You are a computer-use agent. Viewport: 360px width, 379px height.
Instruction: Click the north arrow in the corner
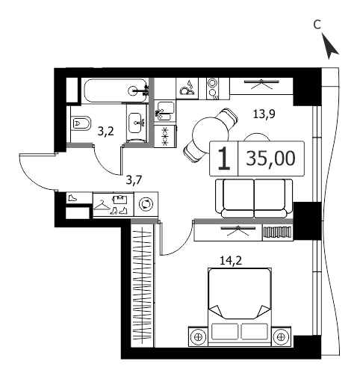coord(330,47)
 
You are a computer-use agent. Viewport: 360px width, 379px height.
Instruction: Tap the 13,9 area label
coord(264,114)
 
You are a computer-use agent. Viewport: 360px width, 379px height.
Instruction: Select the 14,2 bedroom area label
coord(231,261)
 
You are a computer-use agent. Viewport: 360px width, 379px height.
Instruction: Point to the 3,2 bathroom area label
coord(105,132)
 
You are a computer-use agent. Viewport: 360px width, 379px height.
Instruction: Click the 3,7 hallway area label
coord(134,180)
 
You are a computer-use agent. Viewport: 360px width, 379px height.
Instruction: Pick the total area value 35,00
coord(270,158)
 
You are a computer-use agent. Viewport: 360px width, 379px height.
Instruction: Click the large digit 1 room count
coord(224,158)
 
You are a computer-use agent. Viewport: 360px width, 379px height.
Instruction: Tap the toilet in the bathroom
coord(81,123)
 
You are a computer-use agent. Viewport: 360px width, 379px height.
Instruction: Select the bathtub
coord(115,90)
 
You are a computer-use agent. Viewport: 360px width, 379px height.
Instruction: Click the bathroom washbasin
coord(137,123)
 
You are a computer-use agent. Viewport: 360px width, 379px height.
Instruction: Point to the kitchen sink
coord(164,111)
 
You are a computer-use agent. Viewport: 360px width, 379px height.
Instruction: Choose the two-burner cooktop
coord(212,88)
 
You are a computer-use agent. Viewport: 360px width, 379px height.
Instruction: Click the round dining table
coord(211,135)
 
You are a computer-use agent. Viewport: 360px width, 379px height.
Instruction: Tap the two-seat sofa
coord(254,198)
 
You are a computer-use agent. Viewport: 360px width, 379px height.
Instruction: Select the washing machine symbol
coord(146,204)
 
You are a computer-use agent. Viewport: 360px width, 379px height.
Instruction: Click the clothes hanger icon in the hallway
coord(102,206)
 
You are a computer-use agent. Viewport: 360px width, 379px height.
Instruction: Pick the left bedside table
coord(198,336)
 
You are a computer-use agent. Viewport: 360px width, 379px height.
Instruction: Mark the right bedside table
coord(281,336)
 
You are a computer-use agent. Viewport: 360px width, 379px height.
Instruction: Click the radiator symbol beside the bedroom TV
coord(278,232)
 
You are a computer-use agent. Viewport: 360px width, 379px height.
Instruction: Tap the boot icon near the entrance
coord(72,198)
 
